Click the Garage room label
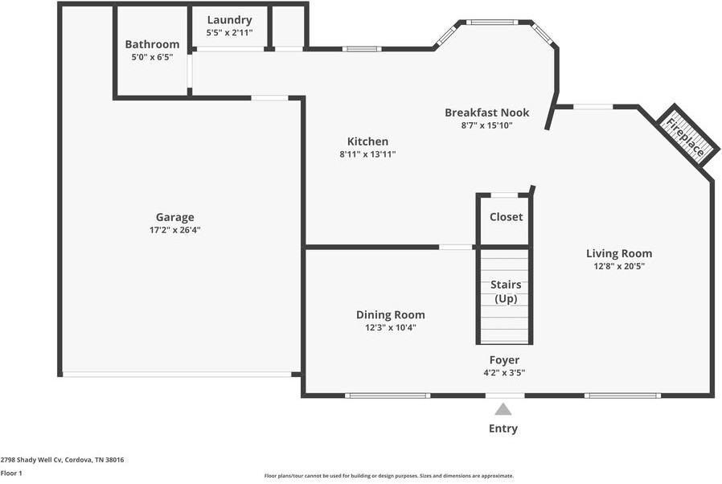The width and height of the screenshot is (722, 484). pos(174,217)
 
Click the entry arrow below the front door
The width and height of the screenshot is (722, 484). pos(503,409)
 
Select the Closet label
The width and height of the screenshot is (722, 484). pos(506,217)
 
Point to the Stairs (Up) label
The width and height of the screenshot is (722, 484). pos(506,292)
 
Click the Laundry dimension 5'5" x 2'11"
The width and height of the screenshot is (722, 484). pos(229,34)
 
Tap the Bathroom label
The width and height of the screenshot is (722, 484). pos(152,44)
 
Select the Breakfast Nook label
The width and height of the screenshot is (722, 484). pos(486,113)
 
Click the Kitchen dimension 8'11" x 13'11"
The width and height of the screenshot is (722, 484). pos(367,154)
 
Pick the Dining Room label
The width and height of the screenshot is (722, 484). pos(390,315)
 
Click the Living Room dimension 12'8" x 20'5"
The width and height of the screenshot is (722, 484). pos(619,266)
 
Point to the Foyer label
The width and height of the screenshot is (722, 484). pos(504,360)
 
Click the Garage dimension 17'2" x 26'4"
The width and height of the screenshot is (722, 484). pos(174,230)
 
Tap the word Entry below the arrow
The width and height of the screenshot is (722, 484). pos(503,429)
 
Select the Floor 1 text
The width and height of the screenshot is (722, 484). pos(11,473)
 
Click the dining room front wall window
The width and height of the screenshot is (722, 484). pos(388,395)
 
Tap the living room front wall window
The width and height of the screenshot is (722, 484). pos(622,395)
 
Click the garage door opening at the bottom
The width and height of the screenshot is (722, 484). pos(177,374)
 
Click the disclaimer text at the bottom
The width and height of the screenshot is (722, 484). pos(389,475)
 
